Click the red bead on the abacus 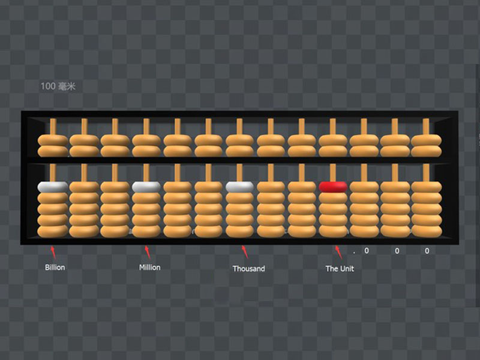click(333, 187)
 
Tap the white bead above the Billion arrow click(53, 187)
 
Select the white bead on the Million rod click(146, 187)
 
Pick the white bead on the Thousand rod click(239, 187)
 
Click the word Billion click(55, 267)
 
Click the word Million click(149, 267)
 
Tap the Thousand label click(248, 268)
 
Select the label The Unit click(340, 268)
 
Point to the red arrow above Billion click(53, 252)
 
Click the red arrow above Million click(148, 252)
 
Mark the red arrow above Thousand click(245, 252)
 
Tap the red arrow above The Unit click(338, 252)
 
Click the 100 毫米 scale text click(58, 86)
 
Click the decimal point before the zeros click(354, 253)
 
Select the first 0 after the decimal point click(367, 251)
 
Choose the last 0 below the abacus click(427, 251)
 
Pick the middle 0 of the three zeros click(397, 251)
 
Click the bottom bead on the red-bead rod click(333, 231)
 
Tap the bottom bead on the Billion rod click(53, 231)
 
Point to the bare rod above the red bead click(333, 172)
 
